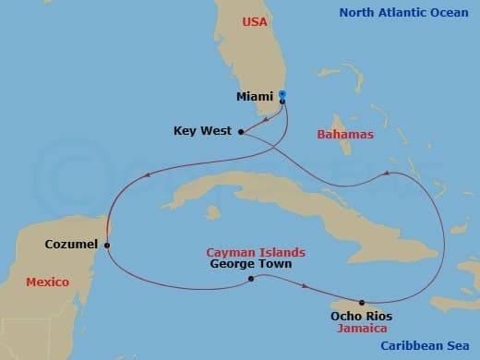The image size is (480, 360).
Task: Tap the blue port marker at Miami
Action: [x=282, y=94]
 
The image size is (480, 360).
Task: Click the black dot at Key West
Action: [x=241, y=132]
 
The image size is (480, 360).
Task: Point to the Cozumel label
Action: [x=70, y=245]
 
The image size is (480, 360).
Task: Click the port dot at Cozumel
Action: [x=108, y=246]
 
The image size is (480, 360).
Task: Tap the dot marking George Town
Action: [x=250, y=277]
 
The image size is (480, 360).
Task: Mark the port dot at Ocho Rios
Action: [x=362, y=303]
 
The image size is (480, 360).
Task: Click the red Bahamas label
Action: [x=345, y=135]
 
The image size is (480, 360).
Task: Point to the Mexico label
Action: [x=47, y=282]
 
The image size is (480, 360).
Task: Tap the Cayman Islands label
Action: [x=255, y=251]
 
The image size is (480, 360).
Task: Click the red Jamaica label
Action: [x=361, y=329]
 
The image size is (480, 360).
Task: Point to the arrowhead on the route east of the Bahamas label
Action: [x=387, y=173]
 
